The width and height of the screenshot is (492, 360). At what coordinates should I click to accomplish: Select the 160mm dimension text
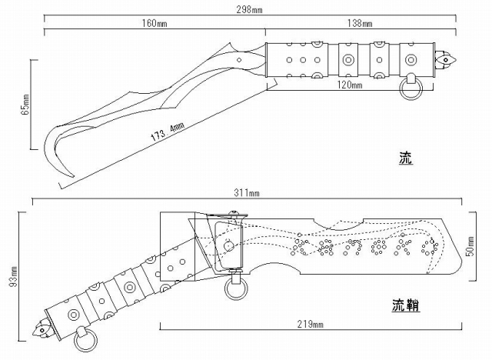click(x=155, y=24)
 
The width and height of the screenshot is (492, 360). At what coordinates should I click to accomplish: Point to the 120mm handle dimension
click(x=348, y=85)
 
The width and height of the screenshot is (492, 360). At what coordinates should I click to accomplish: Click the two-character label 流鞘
click(x=397, y=307)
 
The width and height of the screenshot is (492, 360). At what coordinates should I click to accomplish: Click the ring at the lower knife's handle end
click(x=86, y=338)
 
